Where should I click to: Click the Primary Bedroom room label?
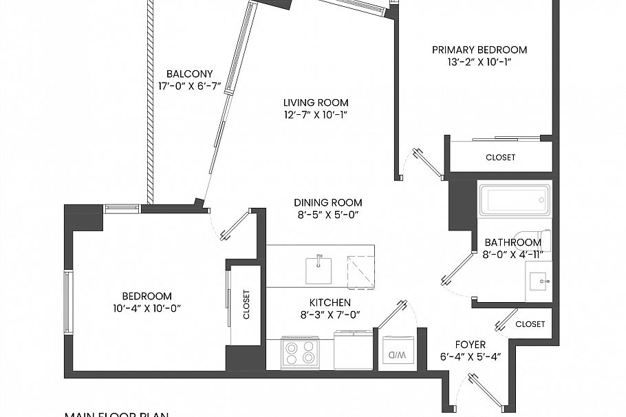pyautogui.click(x=479, y=50)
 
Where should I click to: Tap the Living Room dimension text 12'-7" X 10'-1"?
pyautogui.click(x=316, y=115)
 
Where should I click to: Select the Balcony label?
pyautogui.click(x=189, y=74)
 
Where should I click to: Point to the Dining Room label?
pyautogui.click(x=327, y=203)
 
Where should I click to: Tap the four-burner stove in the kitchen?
pyautogui.click(x=301, y=353)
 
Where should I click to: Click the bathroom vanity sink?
pyautogui.click(x=539, y=281)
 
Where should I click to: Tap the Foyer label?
pyautogui.click(x=471, y=345)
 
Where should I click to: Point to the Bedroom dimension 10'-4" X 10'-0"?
pyautogui.click(x=147, y=308)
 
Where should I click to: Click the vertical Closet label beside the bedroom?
pyautogui.click(x=246, y=304)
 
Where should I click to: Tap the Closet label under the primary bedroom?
pyautogui.click(x=500, y=158)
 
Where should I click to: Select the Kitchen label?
pyautogui.click(x=330, y=303)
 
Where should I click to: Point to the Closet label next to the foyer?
pyautogui.click(x=530, y=324)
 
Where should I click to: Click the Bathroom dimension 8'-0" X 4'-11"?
pyautogui.click(x=512, y=254)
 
